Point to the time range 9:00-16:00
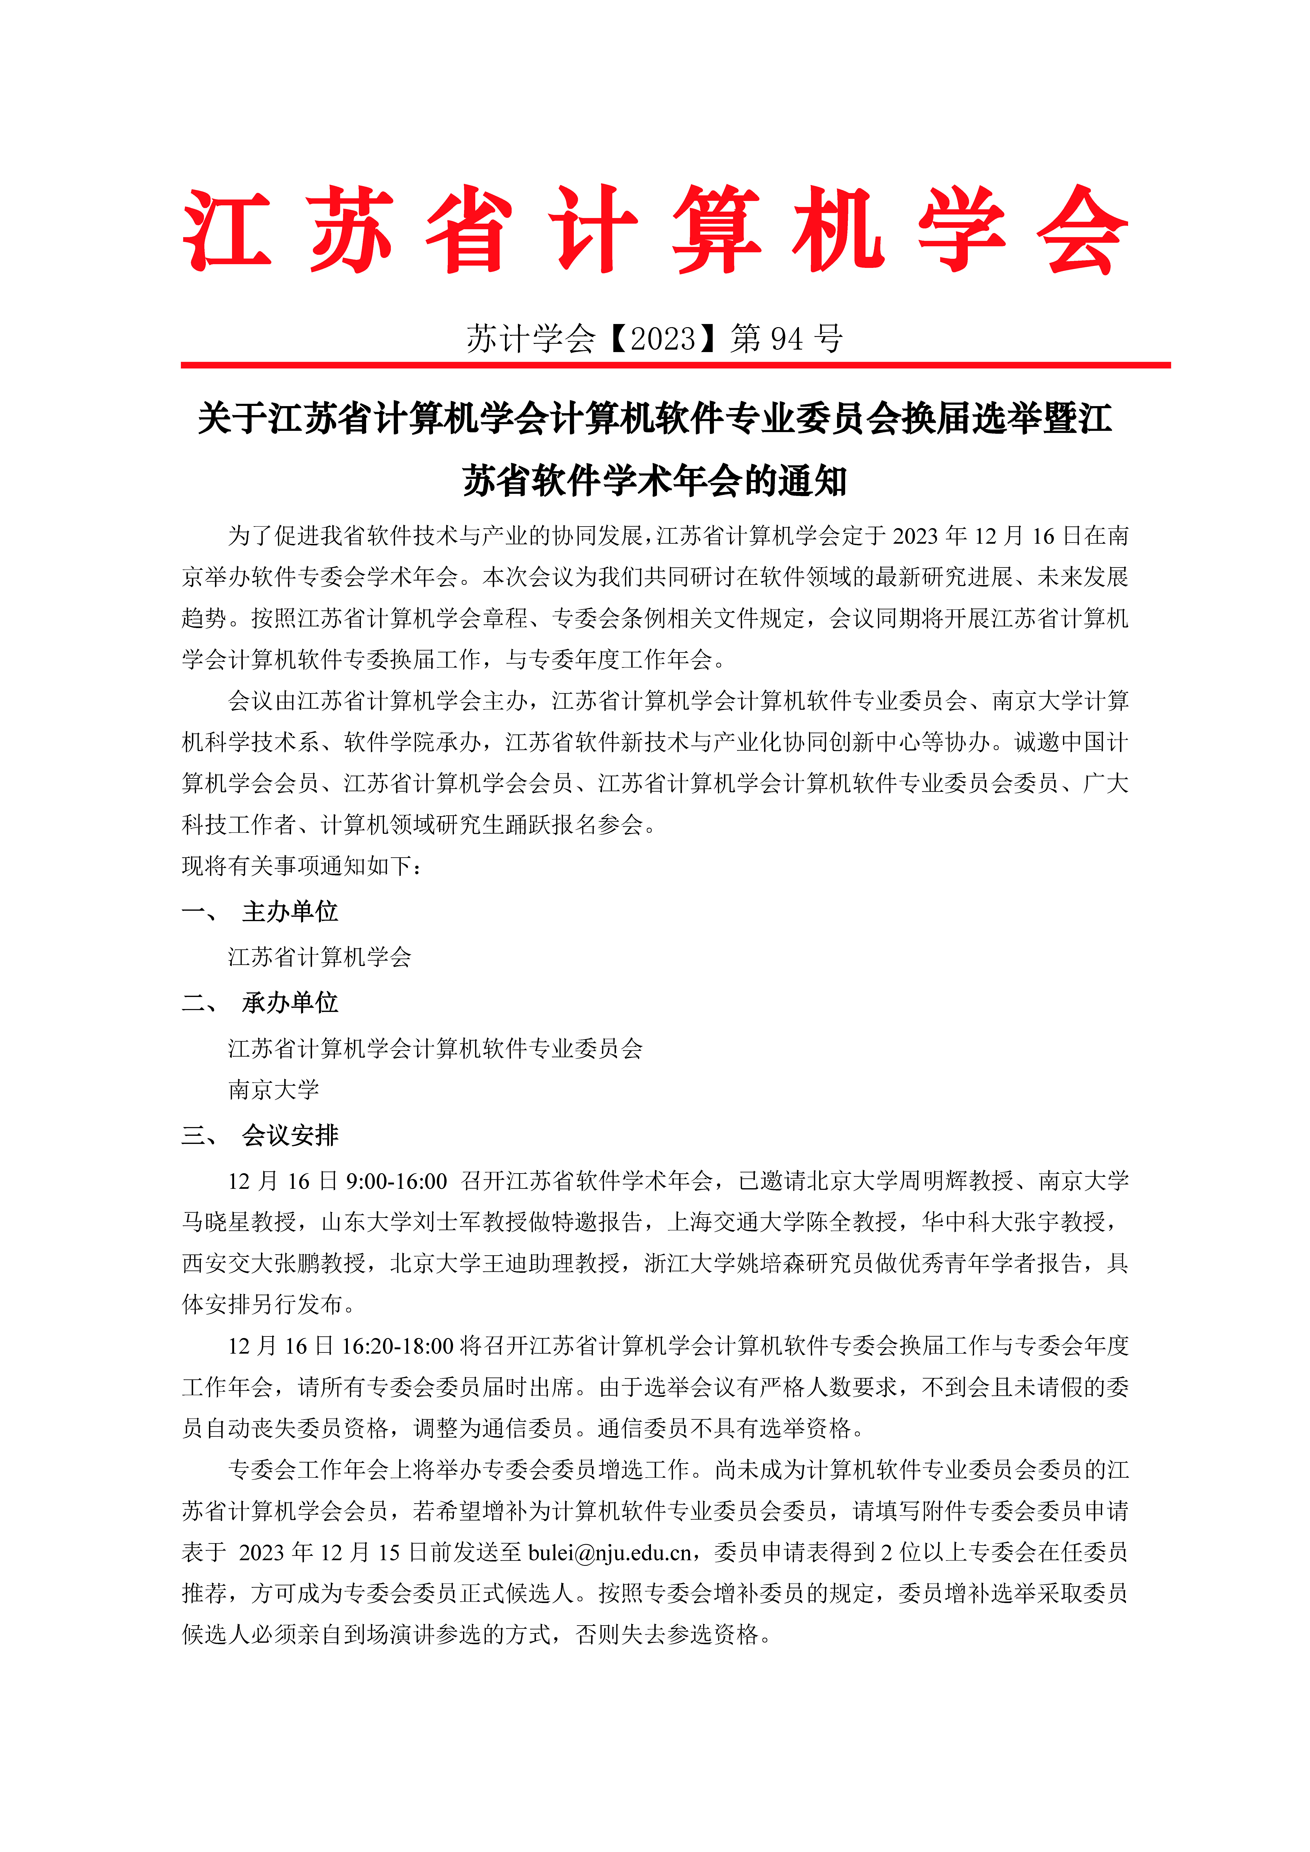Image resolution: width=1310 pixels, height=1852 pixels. click(x=396, y=1181)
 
